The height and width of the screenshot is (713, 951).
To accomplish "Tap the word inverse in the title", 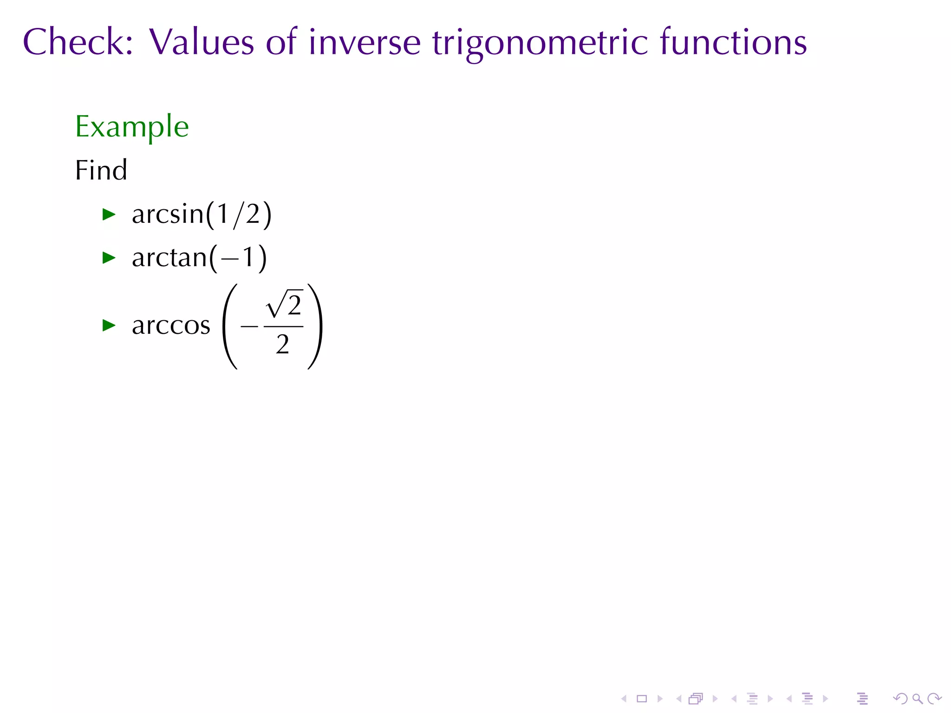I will point(364,43).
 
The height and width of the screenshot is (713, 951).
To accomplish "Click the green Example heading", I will point(132,127).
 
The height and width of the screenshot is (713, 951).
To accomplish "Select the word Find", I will point(101,170).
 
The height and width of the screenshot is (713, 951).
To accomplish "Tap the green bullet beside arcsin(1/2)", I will point(109,214).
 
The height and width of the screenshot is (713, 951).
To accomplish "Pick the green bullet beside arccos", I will point(109,325).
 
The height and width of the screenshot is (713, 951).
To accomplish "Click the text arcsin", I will point(168,214).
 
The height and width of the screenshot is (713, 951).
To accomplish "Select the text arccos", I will point(171,325).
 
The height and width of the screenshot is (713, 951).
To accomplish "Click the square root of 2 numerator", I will point(284,305).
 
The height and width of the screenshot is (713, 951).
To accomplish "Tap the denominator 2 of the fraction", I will point(282,344).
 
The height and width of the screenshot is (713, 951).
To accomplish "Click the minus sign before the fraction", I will point(249,326).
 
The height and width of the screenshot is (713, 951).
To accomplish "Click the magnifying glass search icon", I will point(917,699).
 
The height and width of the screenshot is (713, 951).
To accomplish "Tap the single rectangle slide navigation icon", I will point(642,699).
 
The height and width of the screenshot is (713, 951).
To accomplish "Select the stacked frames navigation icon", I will point(696,699).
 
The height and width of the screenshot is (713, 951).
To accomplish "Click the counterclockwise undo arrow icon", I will point(900,699).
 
